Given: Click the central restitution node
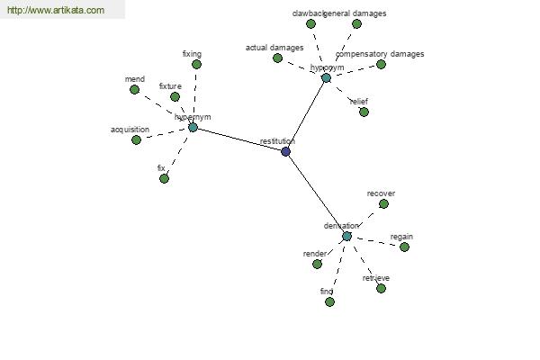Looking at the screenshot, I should pyautogui.click(x=286, y=151).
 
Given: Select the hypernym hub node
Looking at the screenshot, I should pyautogui.click(x=193, y=128).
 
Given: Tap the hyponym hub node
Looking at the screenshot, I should pyautogui.click(x=326, y=78).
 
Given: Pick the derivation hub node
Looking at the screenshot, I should pyautogui.click(x=346, y=236).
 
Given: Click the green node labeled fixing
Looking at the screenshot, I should pyautogui.click(x=196, y=65).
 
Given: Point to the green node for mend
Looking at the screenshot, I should pyautogui.click(x=134, y=90).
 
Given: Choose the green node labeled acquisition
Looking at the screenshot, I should pyautogui.click(x=136, y=140).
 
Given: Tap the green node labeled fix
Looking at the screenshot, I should pyautogui.click(x=164, y=179).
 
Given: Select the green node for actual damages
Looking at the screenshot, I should pyautogui.click(x=277, y=58).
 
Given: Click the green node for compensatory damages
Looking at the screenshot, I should pyautogui.click(x=381, y=65).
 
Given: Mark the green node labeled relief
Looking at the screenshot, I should pyautogui.click(x=364, y=112).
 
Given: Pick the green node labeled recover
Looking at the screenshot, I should pyautogui.click(x=383, y=204).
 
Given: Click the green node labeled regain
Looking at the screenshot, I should pyautogui.click(x=404, y=247).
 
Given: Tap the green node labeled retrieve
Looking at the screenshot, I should pyautogui.click(x=381, y=289).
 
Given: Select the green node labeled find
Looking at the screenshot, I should pyautogui.click(x=329, y=302).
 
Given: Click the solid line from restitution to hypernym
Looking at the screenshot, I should pyautogui.click(x=239, y=139).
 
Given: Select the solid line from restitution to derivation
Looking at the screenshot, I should pyautogui.click(x=316, y=193).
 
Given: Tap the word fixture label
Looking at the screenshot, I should pyautogui.click(x=170, y=86).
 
